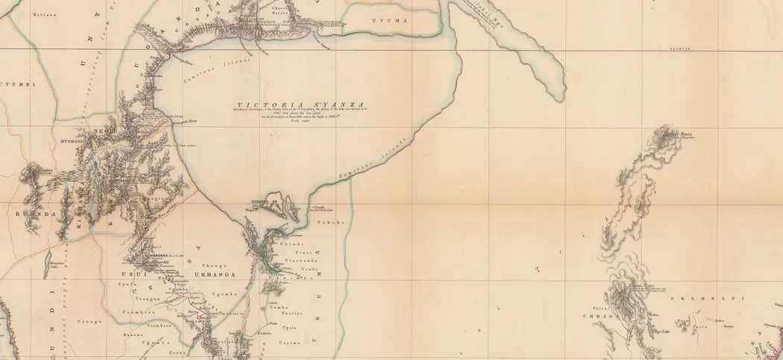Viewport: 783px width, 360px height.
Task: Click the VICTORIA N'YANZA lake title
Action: (301, 105)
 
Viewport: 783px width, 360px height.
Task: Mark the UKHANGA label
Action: (210, 274)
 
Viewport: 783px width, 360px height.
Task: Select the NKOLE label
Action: (100, 130)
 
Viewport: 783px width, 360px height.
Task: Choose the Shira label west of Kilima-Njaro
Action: (597, 307)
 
